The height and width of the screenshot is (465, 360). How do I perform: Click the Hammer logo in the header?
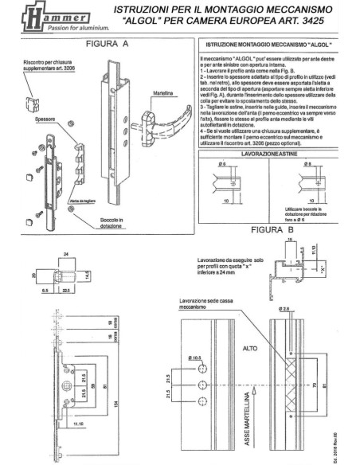[x=36, y=18]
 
